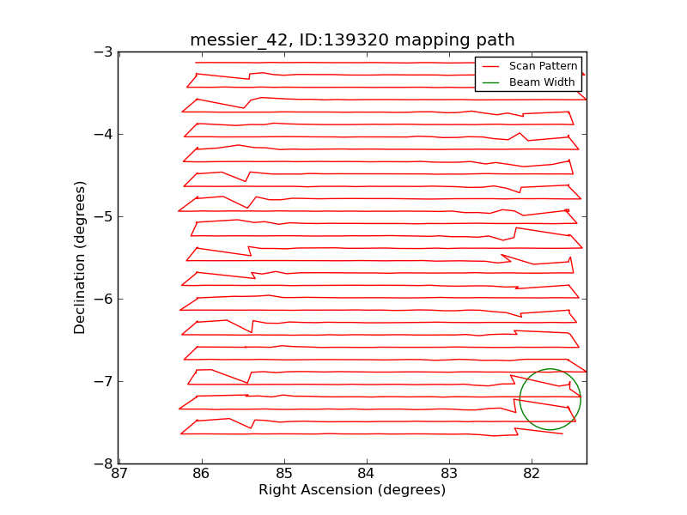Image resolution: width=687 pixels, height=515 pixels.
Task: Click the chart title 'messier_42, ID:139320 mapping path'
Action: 352,40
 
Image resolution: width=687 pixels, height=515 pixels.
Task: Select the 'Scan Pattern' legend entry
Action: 541,66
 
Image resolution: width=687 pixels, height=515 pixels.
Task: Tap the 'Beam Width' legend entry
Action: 541,82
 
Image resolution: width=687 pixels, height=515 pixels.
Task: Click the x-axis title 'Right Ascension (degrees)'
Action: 352,490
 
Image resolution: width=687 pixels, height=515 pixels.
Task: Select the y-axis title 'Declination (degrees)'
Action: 81,257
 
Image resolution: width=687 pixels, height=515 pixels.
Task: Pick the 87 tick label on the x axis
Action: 119,474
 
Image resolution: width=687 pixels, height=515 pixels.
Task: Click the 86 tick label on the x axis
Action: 202,474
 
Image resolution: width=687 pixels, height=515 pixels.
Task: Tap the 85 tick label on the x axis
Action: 284,474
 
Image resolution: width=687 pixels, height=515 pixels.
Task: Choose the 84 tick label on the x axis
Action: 367,474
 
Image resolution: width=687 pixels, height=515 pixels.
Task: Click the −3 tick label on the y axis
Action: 103,51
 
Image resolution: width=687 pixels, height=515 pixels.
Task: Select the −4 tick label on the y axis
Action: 103,134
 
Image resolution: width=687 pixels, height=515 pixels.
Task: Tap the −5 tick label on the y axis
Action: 103,216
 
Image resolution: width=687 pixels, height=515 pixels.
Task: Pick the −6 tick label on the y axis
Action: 103,299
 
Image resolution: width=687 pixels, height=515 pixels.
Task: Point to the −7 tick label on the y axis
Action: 103,381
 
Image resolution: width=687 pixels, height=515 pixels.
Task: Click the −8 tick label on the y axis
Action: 103,463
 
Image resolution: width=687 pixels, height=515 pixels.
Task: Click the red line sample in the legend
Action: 490,66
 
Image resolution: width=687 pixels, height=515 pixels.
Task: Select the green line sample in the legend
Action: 490,82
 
